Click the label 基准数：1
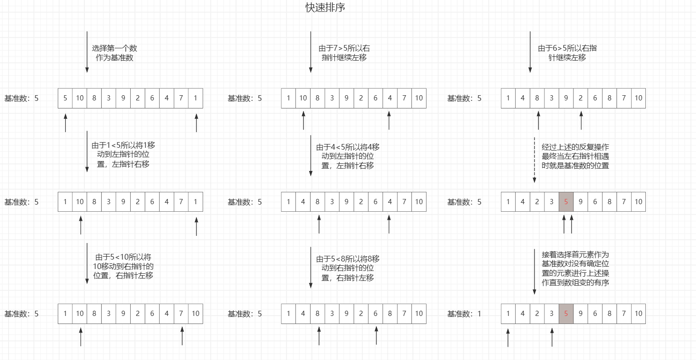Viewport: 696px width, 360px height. click(x=464, y=314)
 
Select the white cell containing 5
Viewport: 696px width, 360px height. click(x=65, y=98)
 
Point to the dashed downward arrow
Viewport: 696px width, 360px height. click(x=535, y=160)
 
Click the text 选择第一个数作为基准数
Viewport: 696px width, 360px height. click(x=114, y=53)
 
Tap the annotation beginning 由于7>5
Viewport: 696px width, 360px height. click(x=344, y=53)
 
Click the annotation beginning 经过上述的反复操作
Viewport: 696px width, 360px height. click(x=575, y=156)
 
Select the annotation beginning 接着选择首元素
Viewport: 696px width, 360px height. click(x=575, y=269)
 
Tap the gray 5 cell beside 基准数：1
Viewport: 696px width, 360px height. click(x=566, y=314)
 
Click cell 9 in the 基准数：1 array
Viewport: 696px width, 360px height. click(x=580, y=314)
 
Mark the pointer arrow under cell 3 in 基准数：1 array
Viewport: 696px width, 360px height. click(x=552, y=337)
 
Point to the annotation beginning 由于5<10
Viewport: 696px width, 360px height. click(x=123, y=266)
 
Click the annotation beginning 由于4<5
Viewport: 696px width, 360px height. click(x=348, y=156)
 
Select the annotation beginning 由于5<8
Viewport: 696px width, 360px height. click(x=348, y=269)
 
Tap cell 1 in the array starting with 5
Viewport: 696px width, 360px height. click(x=196, y=98)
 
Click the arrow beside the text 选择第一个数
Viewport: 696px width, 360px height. click(x=87, y=52)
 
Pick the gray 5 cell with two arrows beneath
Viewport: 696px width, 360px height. click(x=566, y=202)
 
